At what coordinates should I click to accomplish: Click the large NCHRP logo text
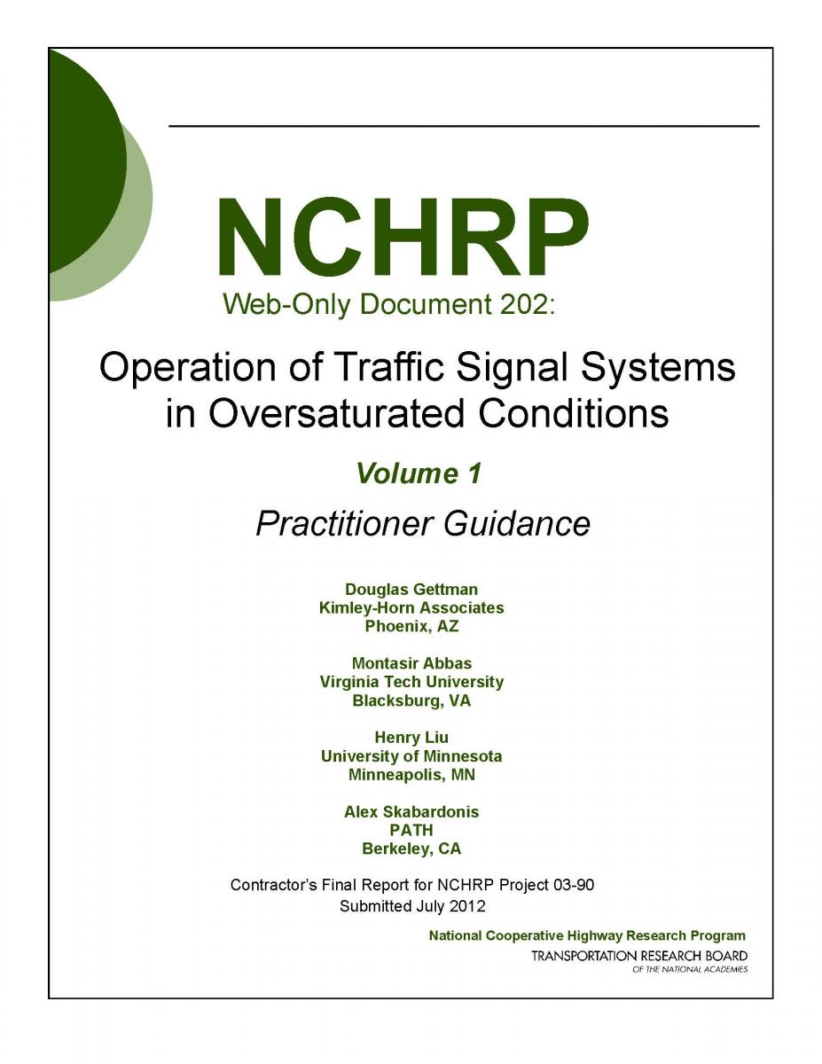point(403,238)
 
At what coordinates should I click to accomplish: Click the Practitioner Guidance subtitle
point(423,524)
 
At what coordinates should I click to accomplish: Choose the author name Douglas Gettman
point(411,589)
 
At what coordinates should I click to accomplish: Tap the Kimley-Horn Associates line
point(411,607)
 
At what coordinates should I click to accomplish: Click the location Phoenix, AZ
point(411,626)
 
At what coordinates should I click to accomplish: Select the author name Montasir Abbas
point(411,663)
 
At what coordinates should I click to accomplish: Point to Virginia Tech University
point(411,682)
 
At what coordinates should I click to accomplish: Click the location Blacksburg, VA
point(411,700)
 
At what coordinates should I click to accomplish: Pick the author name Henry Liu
point(411,738)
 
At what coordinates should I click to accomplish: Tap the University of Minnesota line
point(411,756)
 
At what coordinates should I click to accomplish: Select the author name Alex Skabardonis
point(411,812)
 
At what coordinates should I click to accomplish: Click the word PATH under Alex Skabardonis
point(411,831)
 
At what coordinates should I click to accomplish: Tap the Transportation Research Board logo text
point(639,957)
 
